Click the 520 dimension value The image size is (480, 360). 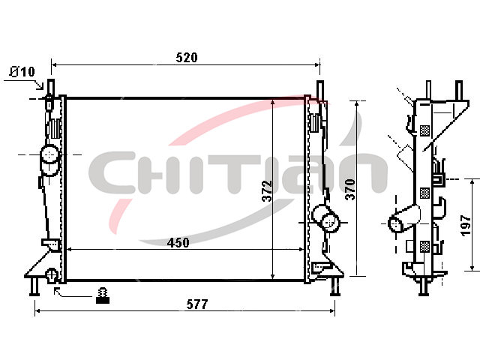(187, 58)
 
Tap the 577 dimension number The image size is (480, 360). (197, 304)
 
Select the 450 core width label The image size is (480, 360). (178, 243)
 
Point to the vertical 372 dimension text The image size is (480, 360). (267, 191)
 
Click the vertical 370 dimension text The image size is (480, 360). (350, 190)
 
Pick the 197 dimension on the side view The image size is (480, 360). (466, 226)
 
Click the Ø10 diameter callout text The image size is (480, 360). (22, 72)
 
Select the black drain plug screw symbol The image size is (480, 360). (103, 295)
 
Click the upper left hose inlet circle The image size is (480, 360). (49, 154)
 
